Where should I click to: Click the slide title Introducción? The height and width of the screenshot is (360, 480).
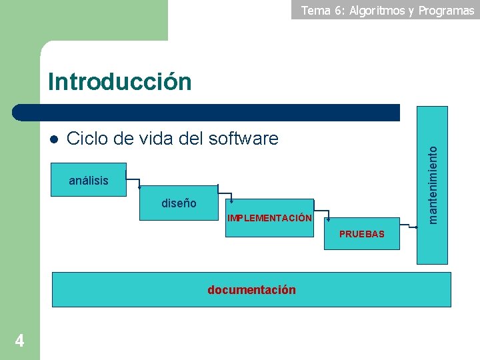click(x=119, y=82)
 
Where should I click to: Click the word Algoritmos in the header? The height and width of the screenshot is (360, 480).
click(x=377, y=10)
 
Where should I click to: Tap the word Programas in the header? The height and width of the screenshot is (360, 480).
click(x=446, y=10)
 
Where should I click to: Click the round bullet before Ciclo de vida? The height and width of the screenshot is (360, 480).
click(x=54, y=139)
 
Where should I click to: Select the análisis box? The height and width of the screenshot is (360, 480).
click(x=89, y=180)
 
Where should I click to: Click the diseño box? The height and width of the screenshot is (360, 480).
click(x=179, y=203)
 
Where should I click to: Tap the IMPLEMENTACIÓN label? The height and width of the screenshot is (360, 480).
click(x=269, y=218)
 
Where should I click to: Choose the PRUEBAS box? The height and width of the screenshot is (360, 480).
click(x=361, y=234)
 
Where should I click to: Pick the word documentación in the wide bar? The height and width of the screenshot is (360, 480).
click(x=251, y=289)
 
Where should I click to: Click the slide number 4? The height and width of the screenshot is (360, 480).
click(x=19, y=341)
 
